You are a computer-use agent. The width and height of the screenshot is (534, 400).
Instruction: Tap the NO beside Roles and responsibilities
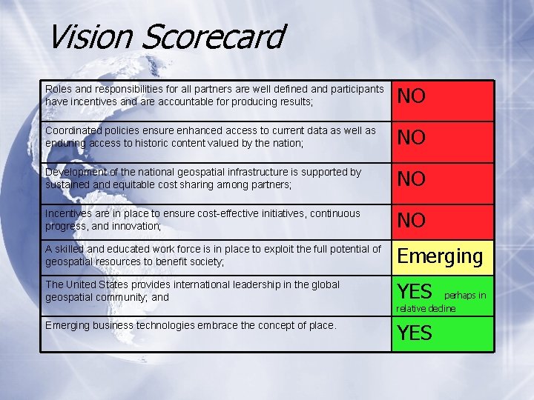tap(412, 96)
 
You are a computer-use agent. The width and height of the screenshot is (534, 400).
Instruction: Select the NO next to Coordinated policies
tap(412, 138)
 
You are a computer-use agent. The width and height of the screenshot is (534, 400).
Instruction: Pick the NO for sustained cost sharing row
tap(412, 179)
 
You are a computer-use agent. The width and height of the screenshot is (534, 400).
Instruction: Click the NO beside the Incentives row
tap(412, 221)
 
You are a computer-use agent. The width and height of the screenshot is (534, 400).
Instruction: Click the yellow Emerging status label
tap(440, 256)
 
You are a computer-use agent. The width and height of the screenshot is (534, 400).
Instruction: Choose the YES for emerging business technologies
tap(415, 333)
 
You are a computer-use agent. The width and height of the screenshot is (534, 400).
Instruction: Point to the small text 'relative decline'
tap(426, 308)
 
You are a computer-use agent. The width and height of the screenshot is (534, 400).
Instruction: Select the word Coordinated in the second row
tap(76, 130)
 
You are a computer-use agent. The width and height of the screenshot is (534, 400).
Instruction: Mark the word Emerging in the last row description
tap(70, 325)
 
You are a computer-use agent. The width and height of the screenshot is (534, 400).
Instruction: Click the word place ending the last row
tap(320, 325)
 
